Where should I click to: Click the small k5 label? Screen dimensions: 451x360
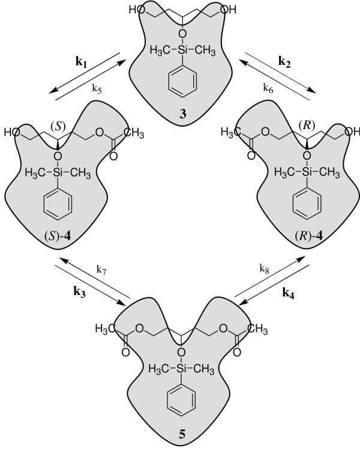(x=96, y=88)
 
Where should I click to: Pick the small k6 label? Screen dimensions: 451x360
(x=269, y=88)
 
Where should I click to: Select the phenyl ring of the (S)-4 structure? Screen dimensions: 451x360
(x=58, y=205)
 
